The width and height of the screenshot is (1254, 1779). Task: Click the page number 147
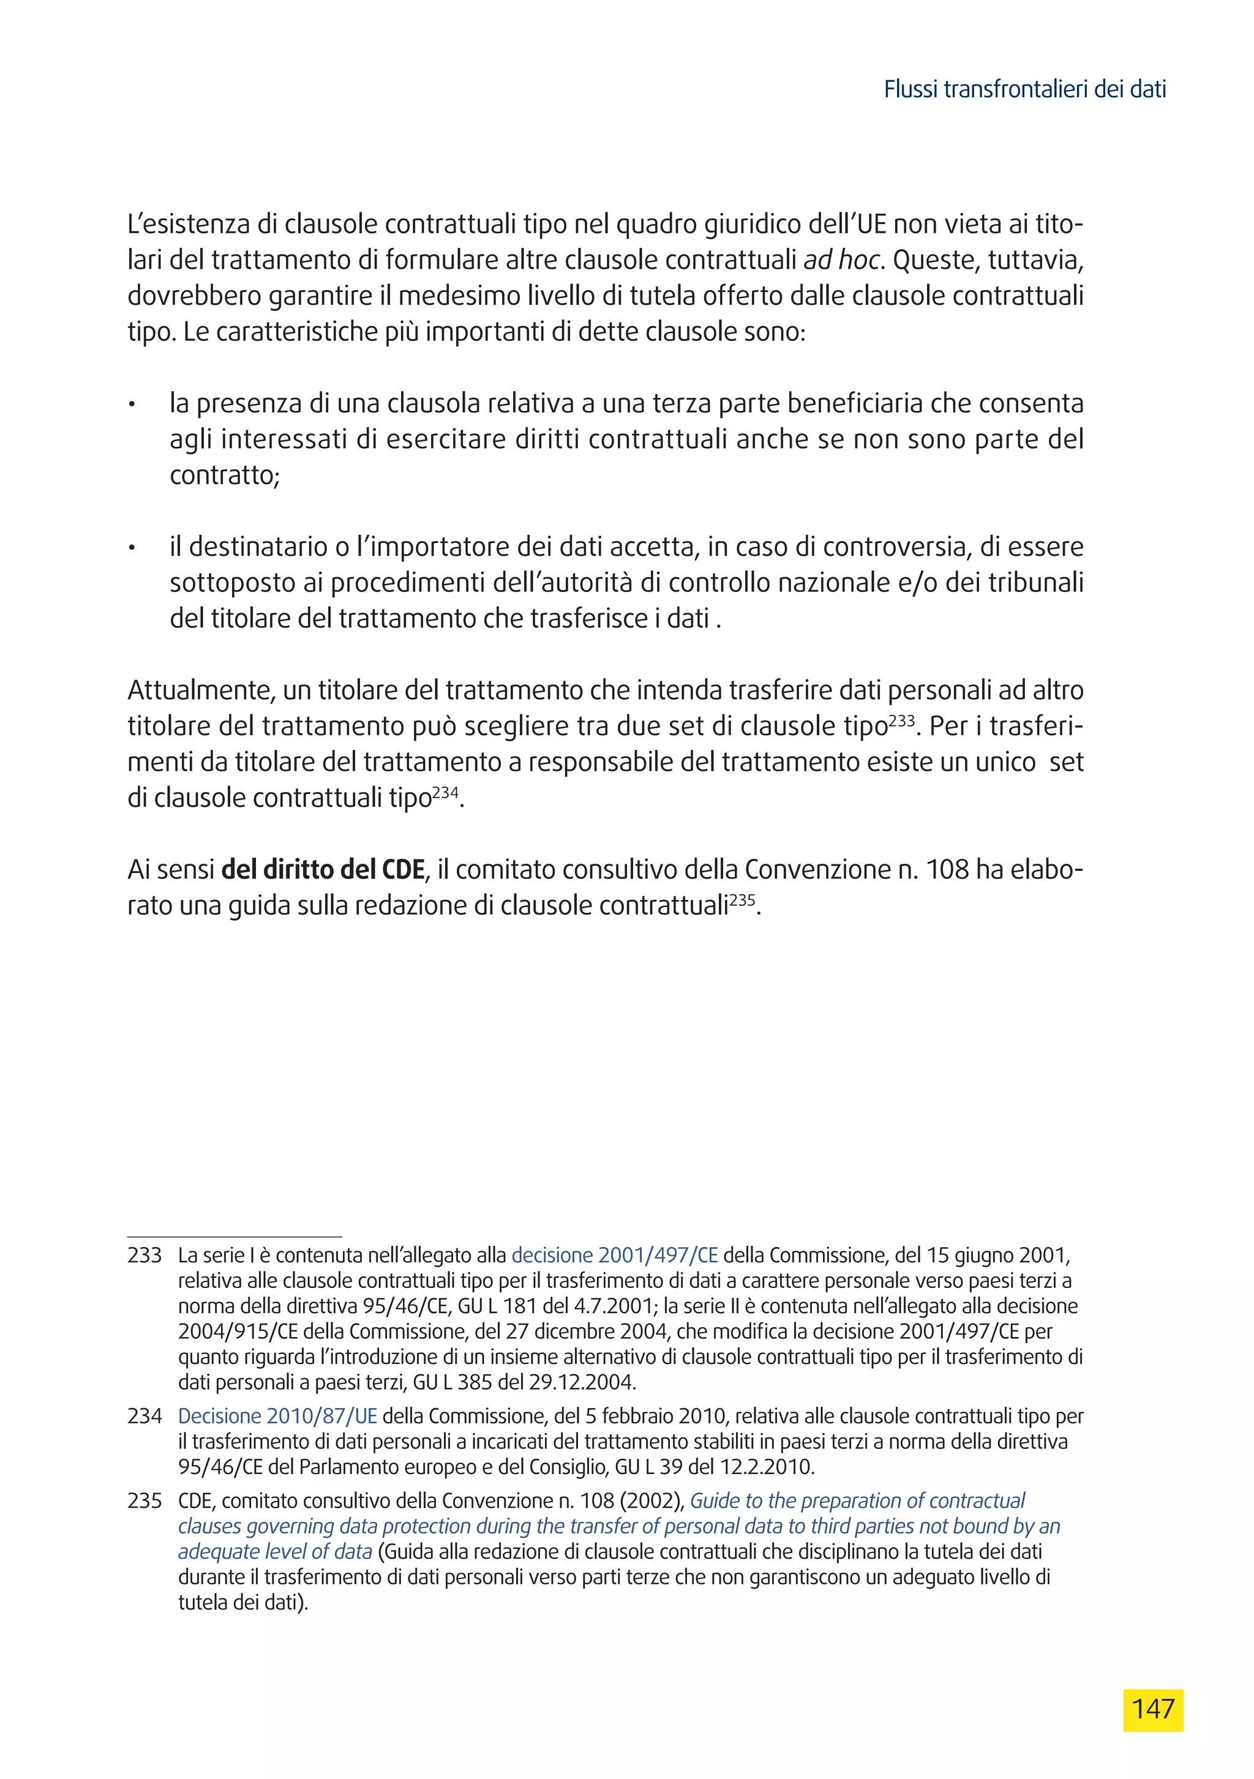[1152, 1709]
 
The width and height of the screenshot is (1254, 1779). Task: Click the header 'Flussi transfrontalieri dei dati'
[1024, 90]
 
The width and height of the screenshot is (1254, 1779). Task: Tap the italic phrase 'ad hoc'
[841, 260]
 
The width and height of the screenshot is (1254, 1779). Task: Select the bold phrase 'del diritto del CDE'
[323, 869]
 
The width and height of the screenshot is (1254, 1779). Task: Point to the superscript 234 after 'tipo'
[445, 793]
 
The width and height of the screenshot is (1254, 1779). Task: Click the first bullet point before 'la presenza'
[132, 405]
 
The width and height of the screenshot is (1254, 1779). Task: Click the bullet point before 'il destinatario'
[132, 549]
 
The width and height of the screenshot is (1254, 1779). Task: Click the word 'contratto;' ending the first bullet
[224, 474]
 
